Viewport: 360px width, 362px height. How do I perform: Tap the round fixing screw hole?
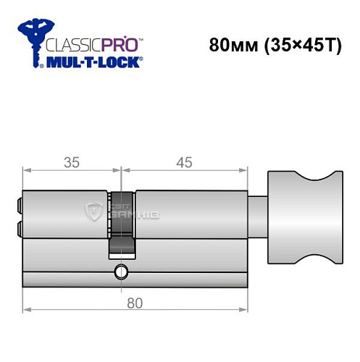119,272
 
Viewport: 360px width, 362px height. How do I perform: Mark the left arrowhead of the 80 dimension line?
27,310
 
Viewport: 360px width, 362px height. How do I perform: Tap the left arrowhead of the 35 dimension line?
27,170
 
